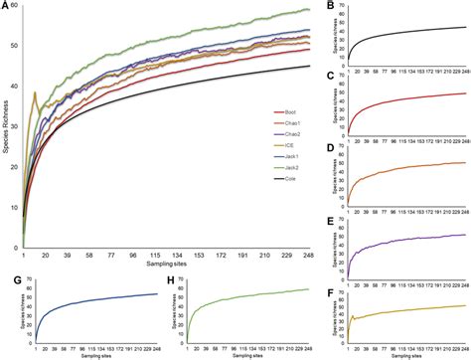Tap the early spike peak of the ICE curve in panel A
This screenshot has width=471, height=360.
click(36, 93)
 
